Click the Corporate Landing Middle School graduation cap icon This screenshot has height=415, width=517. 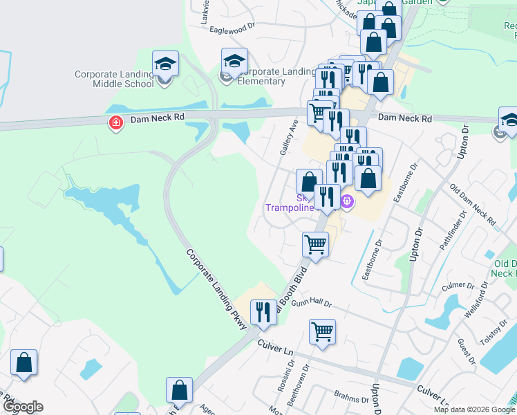pos(165,64)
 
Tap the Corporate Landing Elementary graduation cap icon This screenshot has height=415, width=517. pos(234,61)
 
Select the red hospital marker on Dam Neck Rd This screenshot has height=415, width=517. pos(115,123)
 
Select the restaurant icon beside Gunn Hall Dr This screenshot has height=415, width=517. pos(263,312)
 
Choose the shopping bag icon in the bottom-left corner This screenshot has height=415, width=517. pos(24,362)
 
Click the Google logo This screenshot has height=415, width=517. pos(23,407)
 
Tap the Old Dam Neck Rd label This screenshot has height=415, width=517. pos(473,205)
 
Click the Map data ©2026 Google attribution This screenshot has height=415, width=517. pos(474,409)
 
